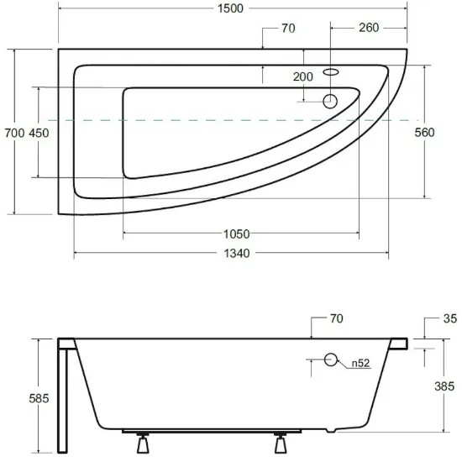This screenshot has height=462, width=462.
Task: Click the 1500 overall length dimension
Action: [230, 8]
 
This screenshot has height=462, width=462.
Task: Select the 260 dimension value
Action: [369, 28]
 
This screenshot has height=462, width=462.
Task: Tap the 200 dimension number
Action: [303, 77]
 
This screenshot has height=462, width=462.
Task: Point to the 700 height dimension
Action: [14, 134]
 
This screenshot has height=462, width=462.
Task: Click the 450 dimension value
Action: [39, 134]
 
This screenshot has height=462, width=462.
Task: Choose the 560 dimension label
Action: [424, 133]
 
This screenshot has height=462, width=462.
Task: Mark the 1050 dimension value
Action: [237, 234]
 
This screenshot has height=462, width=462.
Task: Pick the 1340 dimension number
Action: [237, 254]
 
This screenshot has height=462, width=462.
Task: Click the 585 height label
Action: [39, 399]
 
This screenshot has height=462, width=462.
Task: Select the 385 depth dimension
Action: [444, 386]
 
